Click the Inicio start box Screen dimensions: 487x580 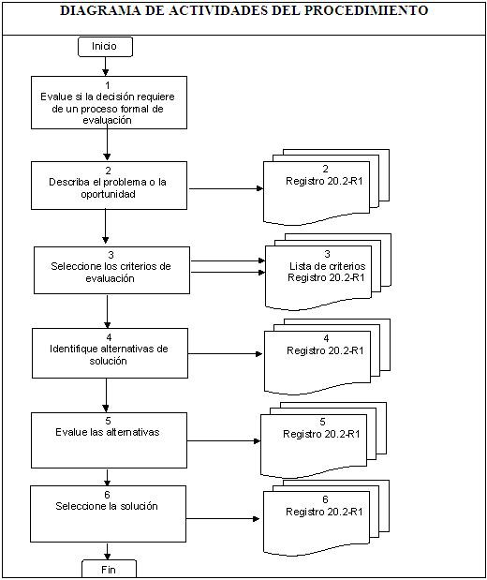point(105,47)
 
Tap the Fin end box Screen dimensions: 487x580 point(109,569)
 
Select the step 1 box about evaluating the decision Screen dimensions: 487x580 point(109,102)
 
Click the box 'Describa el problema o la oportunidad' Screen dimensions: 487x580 point(109,186)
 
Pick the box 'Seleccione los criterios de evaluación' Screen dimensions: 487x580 point(111,271)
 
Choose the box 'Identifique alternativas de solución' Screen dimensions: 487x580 point(110,353)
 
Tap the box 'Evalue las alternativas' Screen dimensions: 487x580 point(109,440)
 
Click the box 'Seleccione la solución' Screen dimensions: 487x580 point(108,513)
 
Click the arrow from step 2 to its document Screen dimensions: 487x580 point(226,188)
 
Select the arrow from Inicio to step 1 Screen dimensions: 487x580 point(106,67)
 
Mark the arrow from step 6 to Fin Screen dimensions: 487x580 point(108,551)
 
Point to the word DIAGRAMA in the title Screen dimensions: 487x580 point(100,10)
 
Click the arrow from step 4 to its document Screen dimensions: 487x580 point(225,354)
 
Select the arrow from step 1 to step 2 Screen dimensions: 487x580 point(108,142)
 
